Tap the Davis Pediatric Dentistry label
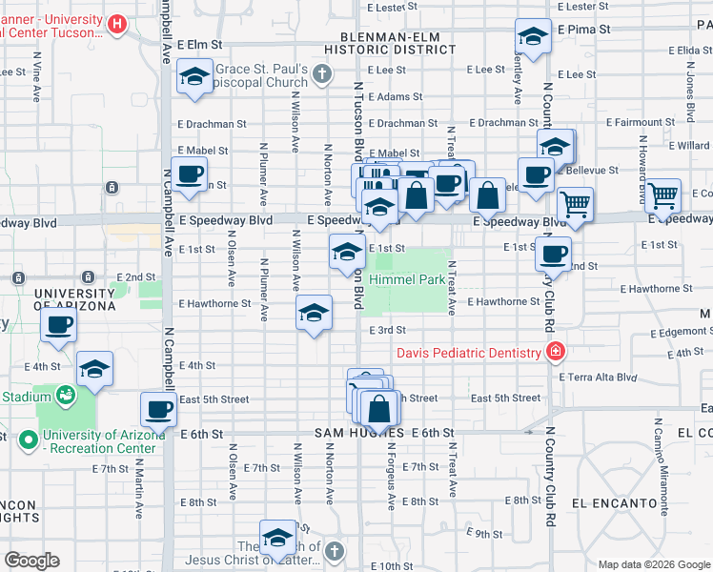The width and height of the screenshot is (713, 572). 469,353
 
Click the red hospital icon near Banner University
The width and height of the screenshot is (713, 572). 117,24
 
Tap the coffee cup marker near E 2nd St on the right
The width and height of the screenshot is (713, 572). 553,253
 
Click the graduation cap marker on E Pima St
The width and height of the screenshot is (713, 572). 533,36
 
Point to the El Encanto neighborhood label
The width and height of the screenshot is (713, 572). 614,502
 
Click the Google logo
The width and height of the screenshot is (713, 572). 32,561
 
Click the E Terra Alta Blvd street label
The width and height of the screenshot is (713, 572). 601,377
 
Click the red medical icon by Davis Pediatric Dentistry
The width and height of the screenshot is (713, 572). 555,353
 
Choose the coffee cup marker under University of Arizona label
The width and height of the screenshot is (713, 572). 58,324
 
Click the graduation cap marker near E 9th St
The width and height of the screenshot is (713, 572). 277,537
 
